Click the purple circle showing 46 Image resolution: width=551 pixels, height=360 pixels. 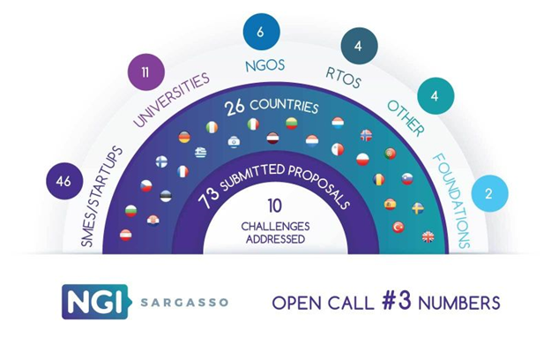click(64, 181)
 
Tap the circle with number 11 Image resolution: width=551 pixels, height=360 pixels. click(145, 72)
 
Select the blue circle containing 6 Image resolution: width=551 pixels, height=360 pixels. click(261, 32)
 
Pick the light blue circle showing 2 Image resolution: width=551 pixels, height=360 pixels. click(489, 193)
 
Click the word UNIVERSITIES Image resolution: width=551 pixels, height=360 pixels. click(171, 100)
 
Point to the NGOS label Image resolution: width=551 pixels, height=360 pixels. click(265, 66)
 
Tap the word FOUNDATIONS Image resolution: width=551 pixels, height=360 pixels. click(451, 200)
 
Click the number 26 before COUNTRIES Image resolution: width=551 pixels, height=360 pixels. click(235, 108)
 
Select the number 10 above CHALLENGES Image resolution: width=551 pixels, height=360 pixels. click(274, 206)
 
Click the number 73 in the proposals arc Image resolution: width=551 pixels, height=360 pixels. click(208, 199)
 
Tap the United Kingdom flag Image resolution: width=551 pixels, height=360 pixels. click(428, 237)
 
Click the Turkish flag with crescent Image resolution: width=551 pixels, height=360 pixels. click(398, 227)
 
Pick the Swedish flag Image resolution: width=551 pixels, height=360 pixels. click(418, 207)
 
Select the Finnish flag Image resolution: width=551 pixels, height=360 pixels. click(161, 161)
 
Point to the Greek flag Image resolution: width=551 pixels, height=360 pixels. click(201, 153)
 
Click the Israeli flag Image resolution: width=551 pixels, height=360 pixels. click(234, 142)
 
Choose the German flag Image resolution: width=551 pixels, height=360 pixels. click(184, 137)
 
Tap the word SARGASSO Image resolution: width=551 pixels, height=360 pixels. click(184, 303)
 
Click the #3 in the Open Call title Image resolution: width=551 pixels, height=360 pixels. click(397, 301)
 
